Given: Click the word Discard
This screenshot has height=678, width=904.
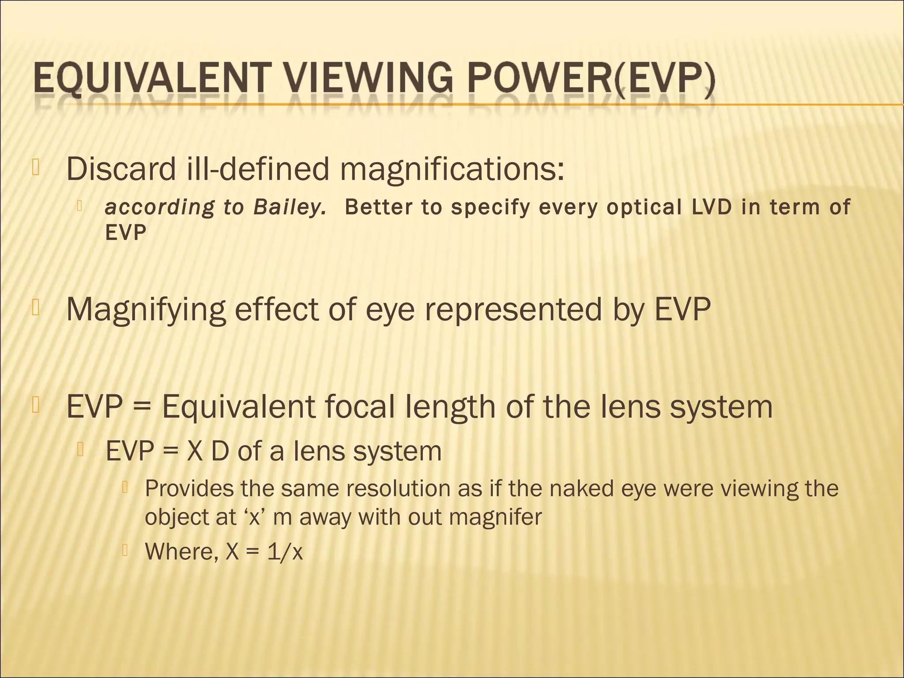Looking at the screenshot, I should point(121,169).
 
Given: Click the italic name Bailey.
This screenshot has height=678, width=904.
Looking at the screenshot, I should point(289,207).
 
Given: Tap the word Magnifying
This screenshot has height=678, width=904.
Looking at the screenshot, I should point(146,310).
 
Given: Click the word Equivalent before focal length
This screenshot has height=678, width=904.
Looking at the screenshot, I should point(238,407).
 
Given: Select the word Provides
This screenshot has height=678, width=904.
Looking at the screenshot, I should point(188,489).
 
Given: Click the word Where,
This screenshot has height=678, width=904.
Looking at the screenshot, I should point(181,551).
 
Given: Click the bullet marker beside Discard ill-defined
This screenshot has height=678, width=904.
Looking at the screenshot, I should point(36,167).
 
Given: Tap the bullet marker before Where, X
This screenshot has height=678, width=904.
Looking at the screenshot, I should point(125,550).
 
